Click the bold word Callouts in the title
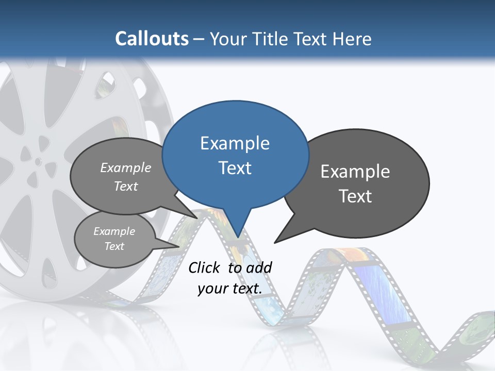pos(152,39)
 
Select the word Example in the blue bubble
pos(235,143)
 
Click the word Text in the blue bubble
pos(235,168)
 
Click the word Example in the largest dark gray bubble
pos(355,172)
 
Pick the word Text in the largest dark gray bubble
pos(355,196)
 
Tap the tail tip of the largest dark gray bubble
pos(275,242)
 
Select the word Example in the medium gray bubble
pos(126,167)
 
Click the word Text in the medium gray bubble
pos(126,186)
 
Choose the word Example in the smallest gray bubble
pos(114,231)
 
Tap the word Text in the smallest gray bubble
pos(114,246)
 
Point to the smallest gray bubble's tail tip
pos(179,246)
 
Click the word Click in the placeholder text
pos(204,267)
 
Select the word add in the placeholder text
pos(258,267)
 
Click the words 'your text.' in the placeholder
pos(230,289)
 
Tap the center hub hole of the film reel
pos(38,161)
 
